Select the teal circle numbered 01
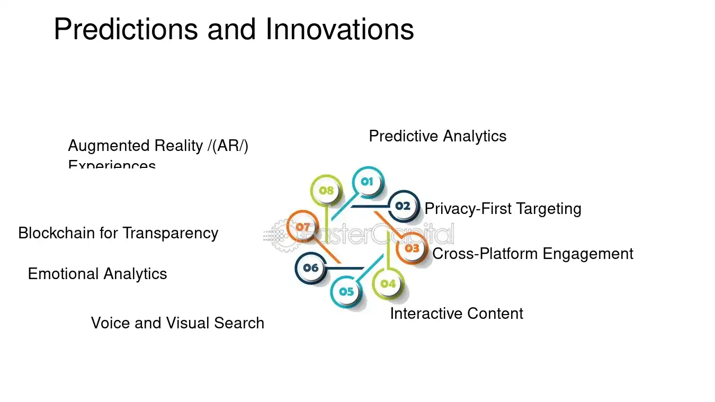coord(367,182)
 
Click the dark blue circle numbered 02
coord(403,206)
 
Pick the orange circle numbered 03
coord(412,248)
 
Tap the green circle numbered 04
coord(388,283)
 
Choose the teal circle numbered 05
coord(346,291)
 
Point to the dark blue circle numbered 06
coord(311,268)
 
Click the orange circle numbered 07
coord(302,227)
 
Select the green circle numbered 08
coord(326,190)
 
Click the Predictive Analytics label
coord(437,136)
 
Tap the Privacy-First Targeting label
coord(503,209)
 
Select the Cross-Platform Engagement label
coord(532,254)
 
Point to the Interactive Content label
coord(456,314)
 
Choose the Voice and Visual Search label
coord(177,323)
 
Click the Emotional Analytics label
coord(97,274)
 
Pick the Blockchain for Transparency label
coord(118,233)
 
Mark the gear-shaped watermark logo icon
coord(278,235)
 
